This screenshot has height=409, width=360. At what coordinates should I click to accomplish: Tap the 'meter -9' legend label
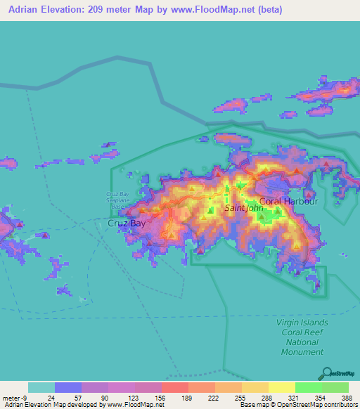[x=15, y=397]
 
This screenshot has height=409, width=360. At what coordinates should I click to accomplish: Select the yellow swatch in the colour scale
[x=281, y=387]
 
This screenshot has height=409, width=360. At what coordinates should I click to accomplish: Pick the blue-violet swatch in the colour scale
[x=67, y=387]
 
